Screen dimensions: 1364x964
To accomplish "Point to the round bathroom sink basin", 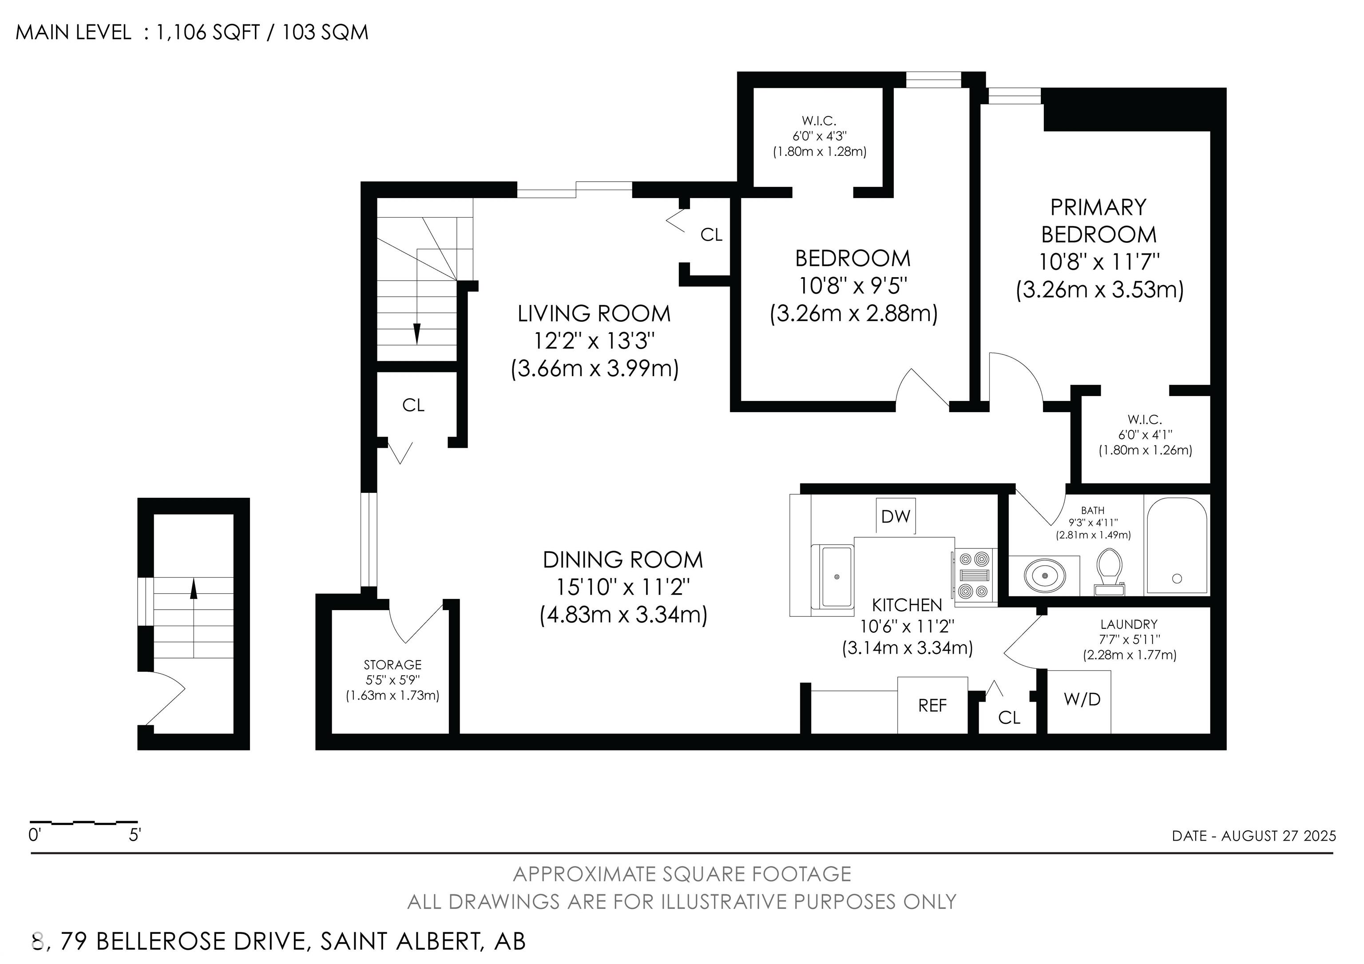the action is [x=1045, y=575].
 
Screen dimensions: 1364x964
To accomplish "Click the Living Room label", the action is [x=594, y=313].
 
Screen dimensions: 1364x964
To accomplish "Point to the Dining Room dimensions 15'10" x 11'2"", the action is [x=623, y=587].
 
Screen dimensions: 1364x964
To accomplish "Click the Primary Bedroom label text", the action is [x=1098, y=221].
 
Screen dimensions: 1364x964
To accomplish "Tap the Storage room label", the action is [x=392, y=665].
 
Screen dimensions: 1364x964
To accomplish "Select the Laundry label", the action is [x=1129, y=624].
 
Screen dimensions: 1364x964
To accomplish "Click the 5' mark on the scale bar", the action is [x=135, y=835].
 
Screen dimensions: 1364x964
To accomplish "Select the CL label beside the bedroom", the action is [x=711, y=235].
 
